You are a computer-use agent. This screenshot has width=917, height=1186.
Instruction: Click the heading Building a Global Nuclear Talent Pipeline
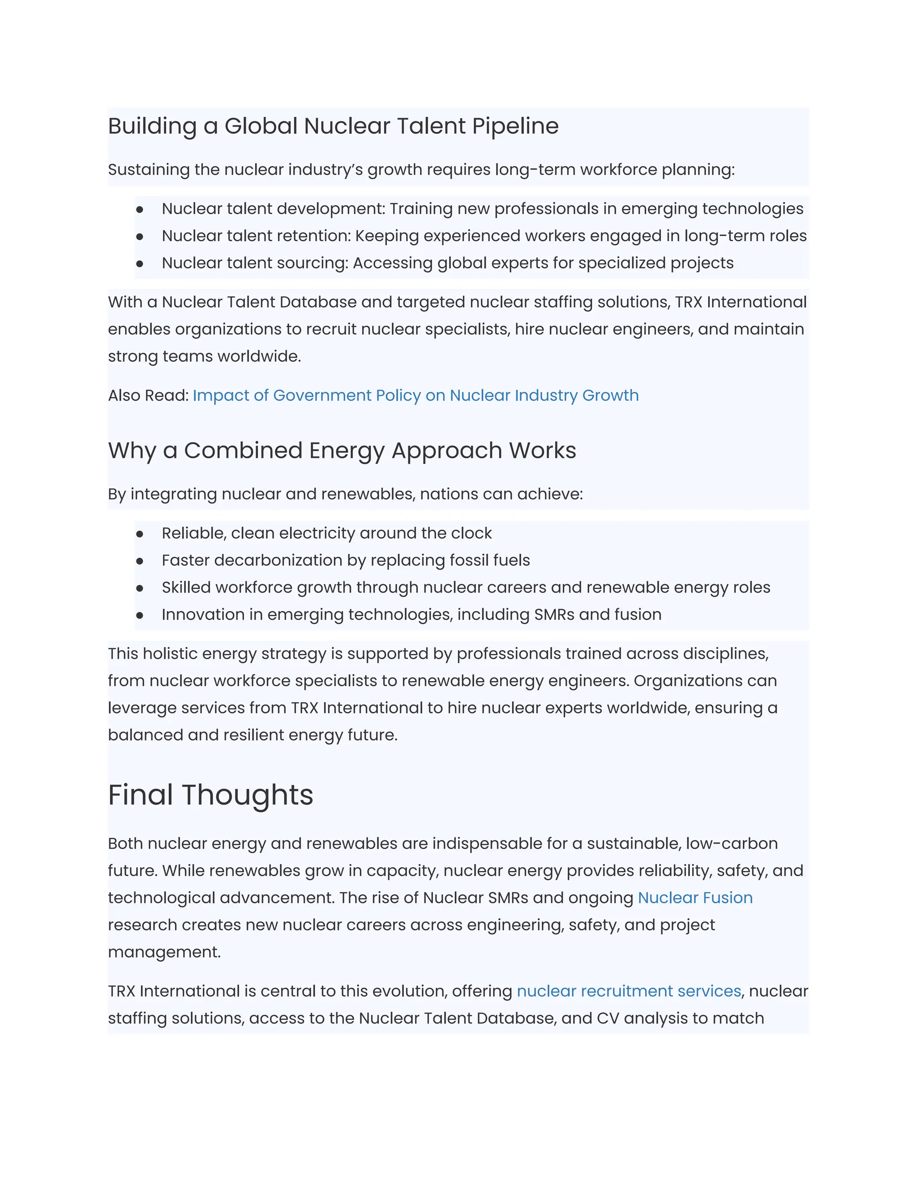(x=333, y=126)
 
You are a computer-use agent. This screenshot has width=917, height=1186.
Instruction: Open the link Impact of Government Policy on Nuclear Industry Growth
(x=416, y=395)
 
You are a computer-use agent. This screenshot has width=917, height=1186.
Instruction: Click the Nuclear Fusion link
(x=695, y=898)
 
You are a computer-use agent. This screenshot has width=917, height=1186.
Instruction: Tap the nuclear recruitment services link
(x=629, y=991)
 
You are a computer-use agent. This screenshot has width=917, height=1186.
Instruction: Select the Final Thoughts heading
(x=210, y=795)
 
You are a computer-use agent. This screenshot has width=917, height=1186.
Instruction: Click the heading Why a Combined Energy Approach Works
(x=342, y=451)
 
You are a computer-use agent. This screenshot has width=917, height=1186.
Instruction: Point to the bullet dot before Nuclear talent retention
(x=140, y=237)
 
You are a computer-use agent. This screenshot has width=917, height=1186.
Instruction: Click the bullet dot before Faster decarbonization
(x=140, y=561)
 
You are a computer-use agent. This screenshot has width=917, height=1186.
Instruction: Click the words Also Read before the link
(x=148, y=395)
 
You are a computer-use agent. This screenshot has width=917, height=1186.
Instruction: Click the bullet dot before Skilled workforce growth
(x=140, y=588)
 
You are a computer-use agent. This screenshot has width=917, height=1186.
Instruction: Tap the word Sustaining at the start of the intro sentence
(x=149, y=170)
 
